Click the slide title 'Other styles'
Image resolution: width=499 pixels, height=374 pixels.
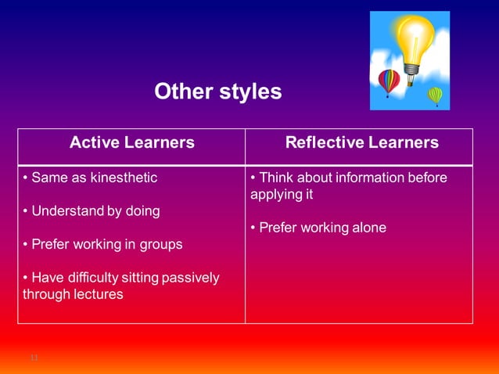(x=217, y=92)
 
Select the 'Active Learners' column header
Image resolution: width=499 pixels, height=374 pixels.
(x=131, y=142)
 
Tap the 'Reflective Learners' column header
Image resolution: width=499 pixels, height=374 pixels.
(x=361, y=142)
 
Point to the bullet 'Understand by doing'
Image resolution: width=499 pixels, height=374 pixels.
(x=92, y=211)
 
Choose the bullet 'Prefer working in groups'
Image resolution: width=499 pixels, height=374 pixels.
(x=102, y=244)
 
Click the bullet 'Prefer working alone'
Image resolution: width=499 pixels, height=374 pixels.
(x=318, y=228)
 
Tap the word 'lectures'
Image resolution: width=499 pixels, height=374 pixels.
(x=98, y=294)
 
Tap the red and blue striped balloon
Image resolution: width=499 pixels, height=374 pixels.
(x=389, y=80)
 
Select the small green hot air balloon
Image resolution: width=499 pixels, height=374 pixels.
(x=435, y=95)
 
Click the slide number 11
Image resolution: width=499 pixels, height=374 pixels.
(x=34, y=358)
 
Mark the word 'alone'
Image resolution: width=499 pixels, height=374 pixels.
(x=368, y=228)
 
